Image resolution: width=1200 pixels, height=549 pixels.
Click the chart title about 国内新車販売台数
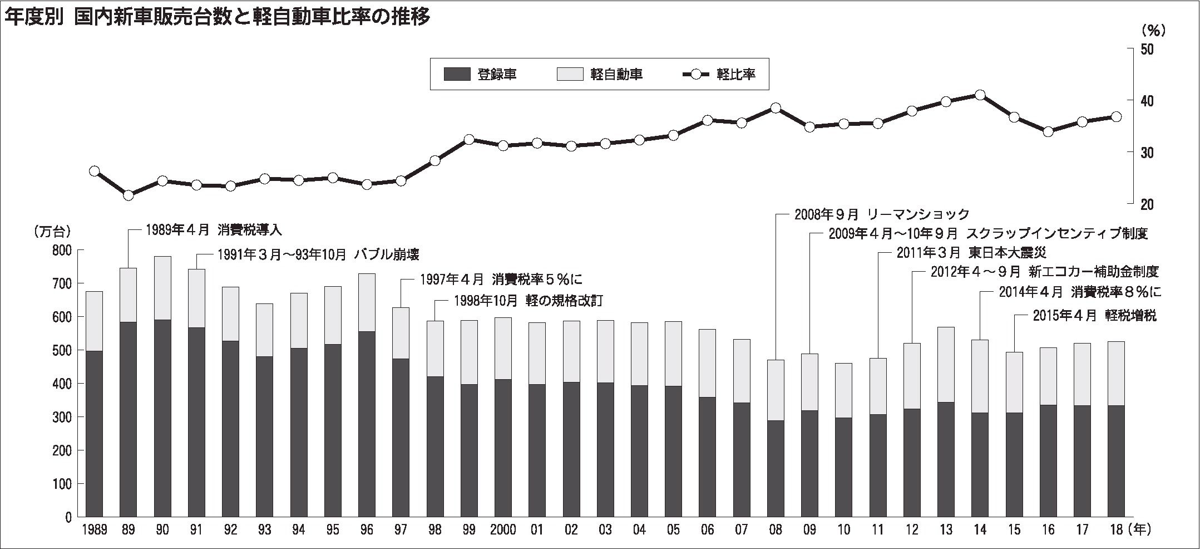217,17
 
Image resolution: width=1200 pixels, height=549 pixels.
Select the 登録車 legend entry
481,74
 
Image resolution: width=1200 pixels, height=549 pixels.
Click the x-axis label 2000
503,530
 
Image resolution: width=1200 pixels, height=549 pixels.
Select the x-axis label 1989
93,530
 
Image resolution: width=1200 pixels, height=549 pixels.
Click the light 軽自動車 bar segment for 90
162,288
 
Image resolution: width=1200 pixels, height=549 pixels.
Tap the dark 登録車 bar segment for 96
367,423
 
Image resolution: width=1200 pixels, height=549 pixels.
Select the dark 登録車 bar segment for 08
776,468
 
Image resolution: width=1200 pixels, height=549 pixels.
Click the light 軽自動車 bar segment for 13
946,364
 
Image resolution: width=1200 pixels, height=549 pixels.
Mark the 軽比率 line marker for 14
980,95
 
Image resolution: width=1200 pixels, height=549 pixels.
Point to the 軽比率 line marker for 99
469,139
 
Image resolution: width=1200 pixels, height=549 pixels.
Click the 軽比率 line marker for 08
776,108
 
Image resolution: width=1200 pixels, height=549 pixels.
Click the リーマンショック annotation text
882,214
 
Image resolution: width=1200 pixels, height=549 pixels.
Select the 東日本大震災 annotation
971,253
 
